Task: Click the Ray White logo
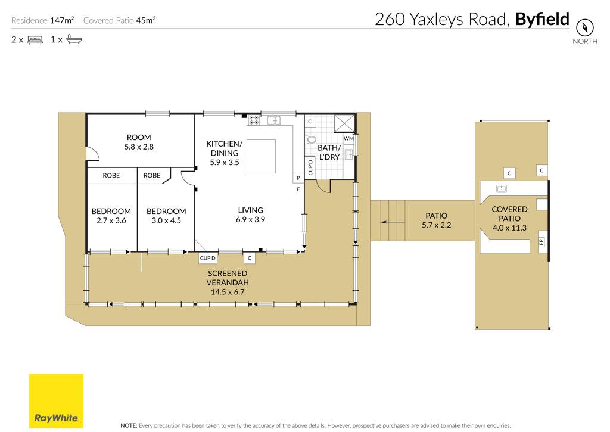pyautogui.click(x=56, y=401)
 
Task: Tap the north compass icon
pyautogui.click(x=585, y=27)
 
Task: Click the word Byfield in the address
pyautogui.click(x=542, y=20)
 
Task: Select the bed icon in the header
pyautogui.click(x=35, y=40)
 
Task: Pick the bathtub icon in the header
pyautogui.click(x=74, y=39)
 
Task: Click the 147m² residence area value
pyautogui.click(x=62, y=20)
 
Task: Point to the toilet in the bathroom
pyautogui.click(x=311, y=139)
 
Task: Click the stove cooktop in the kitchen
pyautogui.click(x=254, y=120)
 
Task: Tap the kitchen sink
pyautogui.click(x=274, y=120)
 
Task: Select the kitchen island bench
pyautogui.click(x=261, y=156)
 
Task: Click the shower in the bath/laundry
pyautogui.click(x=344, y=125)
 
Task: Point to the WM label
pyautogui.click(x=348, y=139)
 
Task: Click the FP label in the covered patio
pyautogui.click(x=541, y=242)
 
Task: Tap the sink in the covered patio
pyautogui.click(x=502, y=189)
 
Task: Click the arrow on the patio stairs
pyautogui.click(x=393, y=222)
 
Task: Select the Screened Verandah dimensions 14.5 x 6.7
pyautogui.click(x=228, y=292)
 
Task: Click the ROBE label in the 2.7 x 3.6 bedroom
pyautogui.click(x=111, y=176)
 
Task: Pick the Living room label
pyautogui.click(x=251, y=210)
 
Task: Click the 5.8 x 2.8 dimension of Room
pyautogui.click(x=139, y=147)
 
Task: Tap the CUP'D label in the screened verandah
pyautogui.click(x=207, y=258)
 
